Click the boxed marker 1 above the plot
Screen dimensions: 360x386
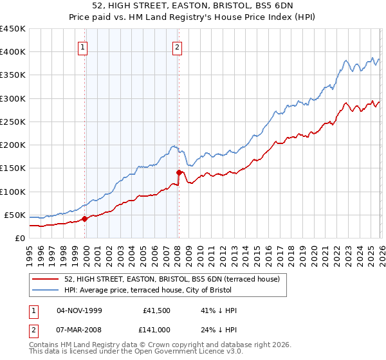[84, 46]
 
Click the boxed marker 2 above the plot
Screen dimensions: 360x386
[177, 46]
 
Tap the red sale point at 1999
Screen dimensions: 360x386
[84, 219]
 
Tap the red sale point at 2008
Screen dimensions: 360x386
[179, 172]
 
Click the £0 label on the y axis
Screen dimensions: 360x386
[19, 238]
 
